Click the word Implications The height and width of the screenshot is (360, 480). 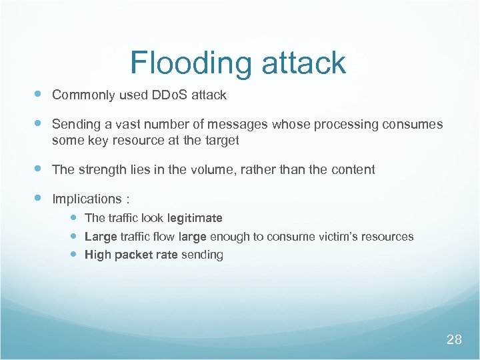(86, 199)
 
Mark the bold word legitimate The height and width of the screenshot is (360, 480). (195, 218)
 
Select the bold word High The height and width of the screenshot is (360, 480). (97, 255)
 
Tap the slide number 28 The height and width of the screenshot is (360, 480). (454, 340)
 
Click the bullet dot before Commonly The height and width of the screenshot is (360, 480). (37, 95)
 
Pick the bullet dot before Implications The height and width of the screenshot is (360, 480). (37, 199)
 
